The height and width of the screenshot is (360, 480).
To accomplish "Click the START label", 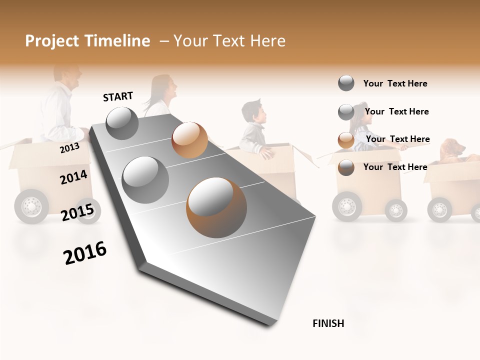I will pos(118,96).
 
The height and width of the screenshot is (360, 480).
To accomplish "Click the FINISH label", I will pos(328,323).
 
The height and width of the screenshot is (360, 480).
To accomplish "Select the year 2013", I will pos(69,147).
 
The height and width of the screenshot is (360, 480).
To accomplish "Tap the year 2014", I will pos(73,177).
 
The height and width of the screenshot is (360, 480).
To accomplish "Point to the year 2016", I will pos(85,253).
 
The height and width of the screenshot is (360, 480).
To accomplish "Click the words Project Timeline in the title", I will pos(87,41).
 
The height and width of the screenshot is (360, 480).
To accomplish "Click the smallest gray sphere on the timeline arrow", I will pos(122,123).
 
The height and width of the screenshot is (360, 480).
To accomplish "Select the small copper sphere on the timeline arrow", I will pos(189,140).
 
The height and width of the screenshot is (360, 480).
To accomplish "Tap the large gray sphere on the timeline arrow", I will pos(145,179).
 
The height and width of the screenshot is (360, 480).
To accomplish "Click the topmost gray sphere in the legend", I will pos(346,83).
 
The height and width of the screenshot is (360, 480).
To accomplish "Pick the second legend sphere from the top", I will pos(346,112).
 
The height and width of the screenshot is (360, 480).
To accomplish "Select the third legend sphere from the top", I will pos(346,140).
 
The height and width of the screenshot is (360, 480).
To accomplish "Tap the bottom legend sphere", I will pos(346,167).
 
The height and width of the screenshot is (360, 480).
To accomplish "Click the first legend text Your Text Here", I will pos(395,83).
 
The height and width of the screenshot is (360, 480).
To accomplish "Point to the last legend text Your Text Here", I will pos(395,167).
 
